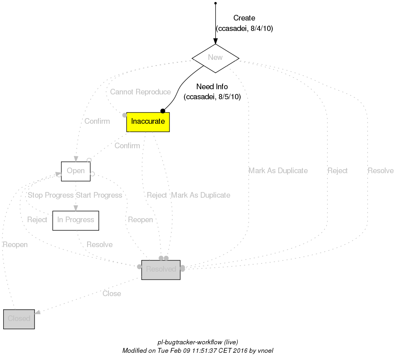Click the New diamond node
point(215,58)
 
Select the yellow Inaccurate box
point(148,122)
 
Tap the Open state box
point(76,171)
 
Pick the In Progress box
point(76,220)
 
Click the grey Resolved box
point(161,270)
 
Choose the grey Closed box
point(19,319)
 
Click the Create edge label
point(244,18)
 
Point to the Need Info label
point(212,87)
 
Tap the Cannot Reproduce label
point(140,92)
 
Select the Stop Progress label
point(50,195)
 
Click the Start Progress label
point(99,195)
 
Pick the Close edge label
point(112,294)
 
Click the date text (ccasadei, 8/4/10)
point(245,29)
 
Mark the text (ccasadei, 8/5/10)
point(212,97)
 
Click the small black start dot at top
point(216,3)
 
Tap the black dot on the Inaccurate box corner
point(163,110)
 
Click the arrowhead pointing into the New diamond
point(216,41)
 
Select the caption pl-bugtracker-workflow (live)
point(198,342)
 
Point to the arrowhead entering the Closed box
point(37,312)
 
